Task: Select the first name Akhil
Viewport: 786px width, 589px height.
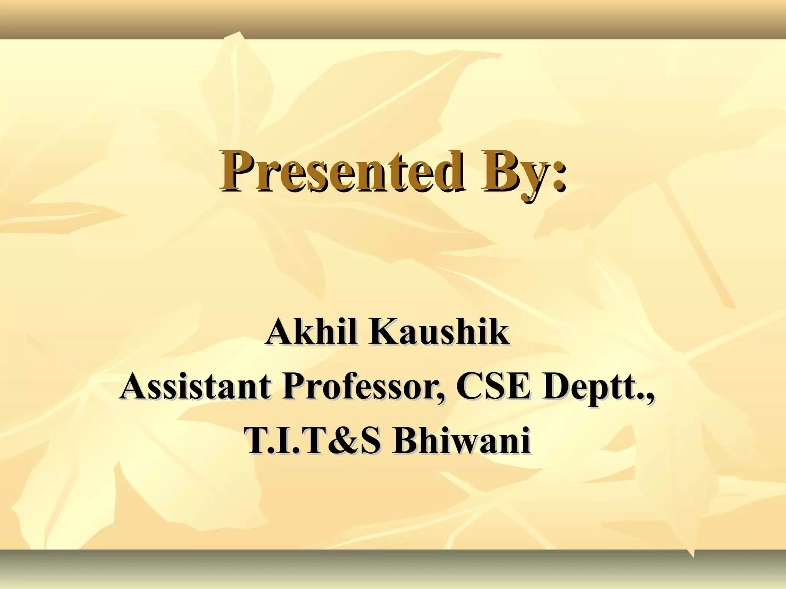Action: [x=312, y=332]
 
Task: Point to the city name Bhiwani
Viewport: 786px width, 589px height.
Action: [x=461, y=441]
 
